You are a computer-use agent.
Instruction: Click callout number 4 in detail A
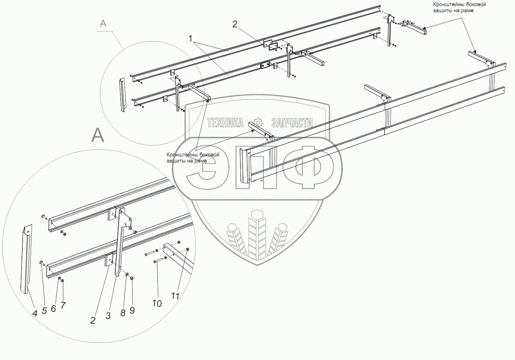(x=35, y=313)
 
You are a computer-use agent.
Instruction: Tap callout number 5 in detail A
(x=44, y=311)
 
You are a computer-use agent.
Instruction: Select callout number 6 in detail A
(x=53, y=308)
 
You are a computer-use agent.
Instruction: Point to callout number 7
(x=63, y=305)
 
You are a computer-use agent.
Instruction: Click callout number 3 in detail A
(x=108, y=316)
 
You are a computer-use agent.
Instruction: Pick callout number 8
(x=123, y=313)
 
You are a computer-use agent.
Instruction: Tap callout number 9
(x=132, y=310)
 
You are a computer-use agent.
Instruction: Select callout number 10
(x=157, y=303)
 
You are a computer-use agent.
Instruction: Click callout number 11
(x=175, y=296)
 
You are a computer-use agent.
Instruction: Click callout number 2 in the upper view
(x=235, y=24)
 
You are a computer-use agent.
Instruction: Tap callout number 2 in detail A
(x=93, y=320)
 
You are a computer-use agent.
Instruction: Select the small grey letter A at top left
(x=103, y=24)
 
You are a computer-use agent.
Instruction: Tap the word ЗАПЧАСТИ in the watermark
(x=292, y=123)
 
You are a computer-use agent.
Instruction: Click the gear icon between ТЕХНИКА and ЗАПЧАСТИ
(x=257, y=122)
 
